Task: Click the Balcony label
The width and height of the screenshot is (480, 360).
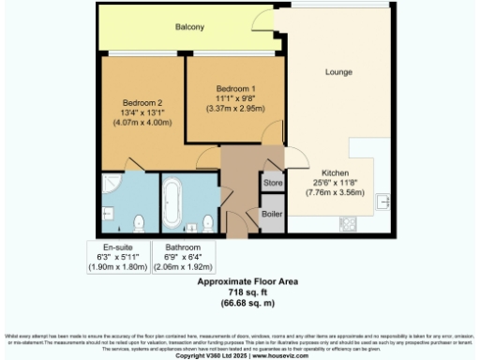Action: coord(189,27)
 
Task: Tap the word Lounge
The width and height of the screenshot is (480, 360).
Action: coord(338,71)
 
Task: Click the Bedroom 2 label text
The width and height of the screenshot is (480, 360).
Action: coord(142,102)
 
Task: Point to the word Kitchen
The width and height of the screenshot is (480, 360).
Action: coord(336,172)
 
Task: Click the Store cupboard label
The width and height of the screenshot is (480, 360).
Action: coord(273,183)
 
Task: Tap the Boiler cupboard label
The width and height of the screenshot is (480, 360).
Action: coord(273,213)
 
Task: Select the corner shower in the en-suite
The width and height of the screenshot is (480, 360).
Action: coord(111,182)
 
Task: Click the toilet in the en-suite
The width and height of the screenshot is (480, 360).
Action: coord(139,221)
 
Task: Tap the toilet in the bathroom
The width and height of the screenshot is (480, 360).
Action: coord(208,222)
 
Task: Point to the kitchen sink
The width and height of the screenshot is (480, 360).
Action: coord(382,201)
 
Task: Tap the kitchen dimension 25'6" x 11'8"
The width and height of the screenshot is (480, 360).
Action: coord(336,183)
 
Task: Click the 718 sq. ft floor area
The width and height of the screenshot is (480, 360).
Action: coord(238,292)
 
